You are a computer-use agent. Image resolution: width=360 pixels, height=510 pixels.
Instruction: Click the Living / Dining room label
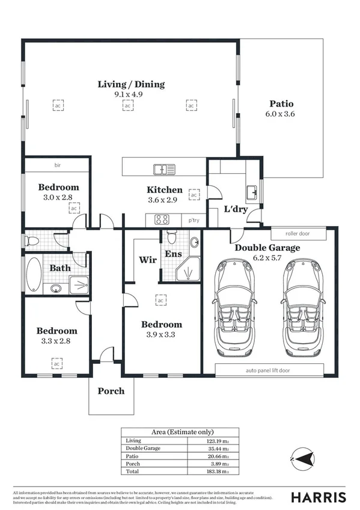pyautogui.click(x=131, y=84)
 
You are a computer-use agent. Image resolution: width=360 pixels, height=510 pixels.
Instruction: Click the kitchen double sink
pyautogui.click(x=163, y=168)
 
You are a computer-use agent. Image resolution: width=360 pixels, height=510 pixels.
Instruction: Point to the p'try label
pyautogui.click(x=194, y=220)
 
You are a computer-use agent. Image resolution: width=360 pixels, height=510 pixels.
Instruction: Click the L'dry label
pyautogui.click(x=236, y=209)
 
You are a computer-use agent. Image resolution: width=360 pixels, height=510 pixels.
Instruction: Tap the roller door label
pyautogui.click(x=298, y=233)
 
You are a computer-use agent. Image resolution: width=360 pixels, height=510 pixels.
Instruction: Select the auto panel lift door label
pyautogui.click(x=267, y=370)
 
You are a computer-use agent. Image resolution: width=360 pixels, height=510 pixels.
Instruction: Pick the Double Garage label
pyautogui.click(x=267, y=248)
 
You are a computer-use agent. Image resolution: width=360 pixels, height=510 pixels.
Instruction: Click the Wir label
pyautogui.click(x=147, y=260)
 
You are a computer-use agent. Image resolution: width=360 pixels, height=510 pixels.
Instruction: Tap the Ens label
pyautogui.click(x=174, y=254)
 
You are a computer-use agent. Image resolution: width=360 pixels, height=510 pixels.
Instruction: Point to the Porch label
pyautogui.click(x=111, y=391)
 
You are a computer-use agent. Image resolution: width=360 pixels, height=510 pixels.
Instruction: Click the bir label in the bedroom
pyautogui.click(x=58, y=165)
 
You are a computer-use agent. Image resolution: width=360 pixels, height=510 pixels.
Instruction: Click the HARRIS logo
pyautogui.click(x=319, y=497)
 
